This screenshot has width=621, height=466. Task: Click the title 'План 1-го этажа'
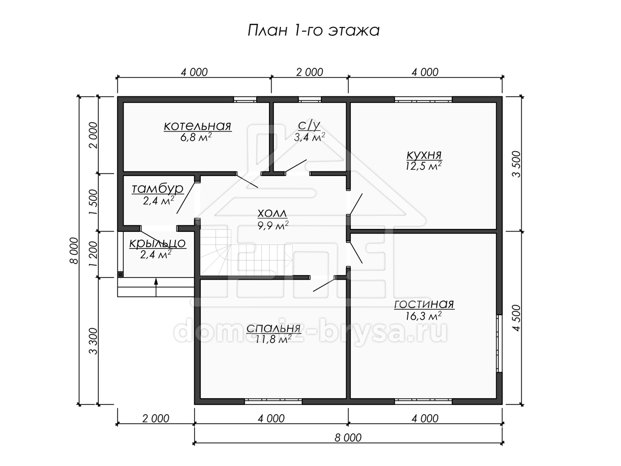pyautogui.click(x=314, y=31)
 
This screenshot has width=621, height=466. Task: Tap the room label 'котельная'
pyautogui.click(x=198, y=126)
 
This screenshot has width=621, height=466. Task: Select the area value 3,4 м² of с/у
pyautogui.click(x=309, y=137)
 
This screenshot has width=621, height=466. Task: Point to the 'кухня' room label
pyautogui.click(x=424, y=155)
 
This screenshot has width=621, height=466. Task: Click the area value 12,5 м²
pyautogui.click(x=423, y=166)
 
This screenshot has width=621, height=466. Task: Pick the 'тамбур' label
pyautogui.click(x=158, y=188)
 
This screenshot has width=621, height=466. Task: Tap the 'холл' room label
pyautogui.click(x=272, y=214)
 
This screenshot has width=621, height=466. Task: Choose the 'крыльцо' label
pyautogui.click(x=158, y=243)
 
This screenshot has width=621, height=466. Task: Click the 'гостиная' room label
pyautogui.click(x=424, y=304)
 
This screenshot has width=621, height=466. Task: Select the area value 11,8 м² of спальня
pyautogui.click(x=273, y=339)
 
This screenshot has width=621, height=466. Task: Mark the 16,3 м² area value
pyautogui.click(x=423, y=316)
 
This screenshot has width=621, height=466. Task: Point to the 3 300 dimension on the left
pyautogui.click(x=93, y=341)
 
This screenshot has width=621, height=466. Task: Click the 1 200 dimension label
pyautogui.click(x=93, y=254)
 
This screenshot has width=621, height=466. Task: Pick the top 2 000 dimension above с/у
pyautogui.click(x=309, y=72)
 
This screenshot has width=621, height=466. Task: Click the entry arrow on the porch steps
pyautogui.click(x=156, y=287)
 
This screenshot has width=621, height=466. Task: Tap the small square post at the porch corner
pyautogui.click(x=121, y=274)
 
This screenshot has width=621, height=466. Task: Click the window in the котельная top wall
pyautogui.click(x=245, y=99)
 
